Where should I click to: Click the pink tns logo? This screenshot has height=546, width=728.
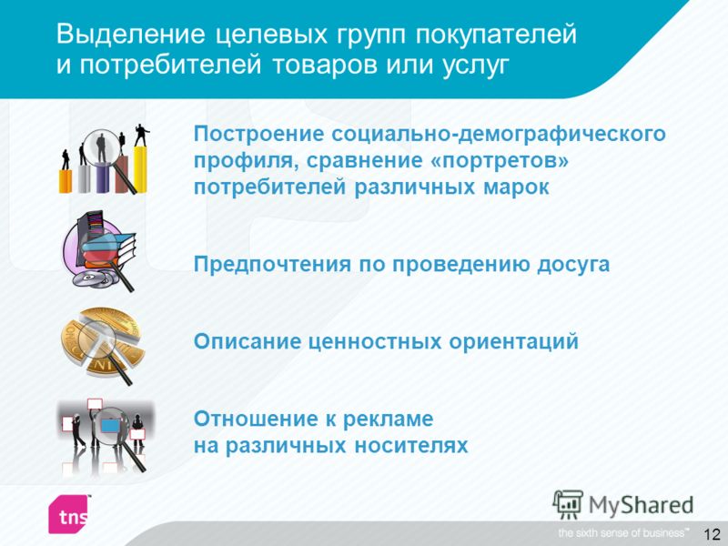69,514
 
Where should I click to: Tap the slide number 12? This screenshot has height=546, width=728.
712,534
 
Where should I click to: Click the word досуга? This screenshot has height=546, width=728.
573,265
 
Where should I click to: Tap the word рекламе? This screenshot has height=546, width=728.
388,420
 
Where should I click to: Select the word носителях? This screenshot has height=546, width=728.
411,446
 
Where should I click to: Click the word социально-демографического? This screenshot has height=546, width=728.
499,135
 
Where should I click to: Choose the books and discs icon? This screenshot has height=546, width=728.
99,251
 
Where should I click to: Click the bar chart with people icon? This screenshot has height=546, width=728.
105,158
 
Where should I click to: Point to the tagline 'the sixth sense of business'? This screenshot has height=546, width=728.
623,533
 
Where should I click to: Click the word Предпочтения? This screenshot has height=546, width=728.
272,265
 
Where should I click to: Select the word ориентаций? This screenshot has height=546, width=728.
513,342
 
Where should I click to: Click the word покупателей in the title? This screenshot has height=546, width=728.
495,35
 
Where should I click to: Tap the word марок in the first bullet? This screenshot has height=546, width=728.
516,188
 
